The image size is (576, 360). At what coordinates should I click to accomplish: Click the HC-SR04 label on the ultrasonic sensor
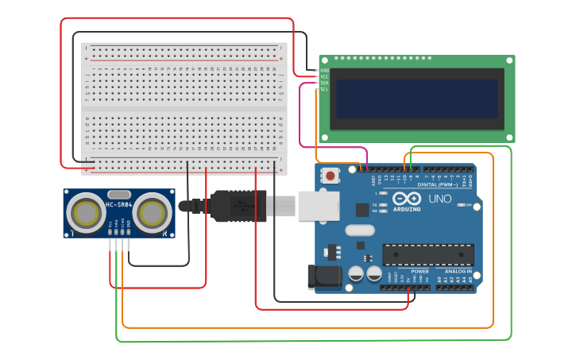click(x=118, y=207)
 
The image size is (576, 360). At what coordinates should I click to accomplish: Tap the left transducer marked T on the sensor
click(x=84, y=213)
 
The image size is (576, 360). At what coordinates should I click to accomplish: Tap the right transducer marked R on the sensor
click(x=151, y=213)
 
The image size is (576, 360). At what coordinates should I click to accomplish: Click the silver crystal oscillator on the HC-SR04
click(x=118, y=195)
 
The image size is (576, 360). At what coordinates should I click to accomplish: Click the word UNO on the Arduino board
click(x=439, y=199)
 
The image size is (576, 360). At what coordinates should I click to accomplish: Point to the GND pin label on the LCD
click(x=323, y=69)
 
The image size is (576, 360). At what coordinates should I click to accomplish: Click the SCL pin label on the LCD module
click(x=323, y=89)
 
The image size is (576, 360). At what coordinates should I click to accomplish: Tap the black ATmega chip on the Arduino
click(x=427, y=254)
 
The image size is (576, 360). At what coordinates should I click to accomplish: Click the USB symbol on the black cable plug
click(x=238, y=206)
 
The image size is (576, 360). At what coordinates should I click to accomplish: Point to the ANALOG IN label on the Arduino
click(x=454, y=271)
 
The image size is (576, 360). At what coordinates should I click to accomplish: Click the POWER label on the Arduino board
click(x=419, y=271)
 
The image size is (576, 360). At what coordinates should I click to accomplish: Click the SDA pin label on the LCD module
click(x=323, y=83)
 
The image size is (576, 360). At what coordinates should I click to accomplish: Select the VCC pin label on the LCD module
click(x=323, y=75)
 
